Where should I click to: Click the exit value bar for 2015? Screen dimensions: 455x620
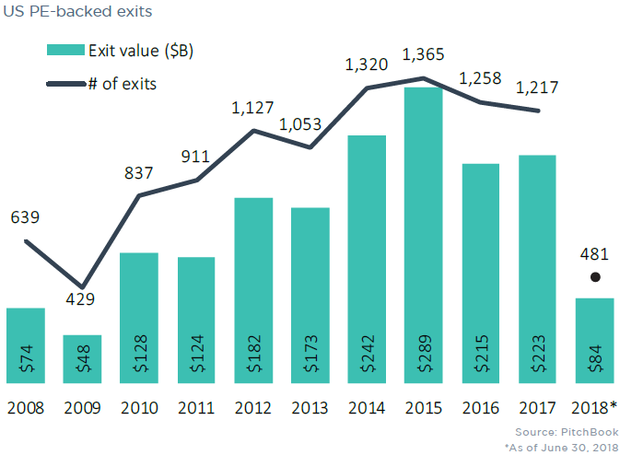[x=424, y=230]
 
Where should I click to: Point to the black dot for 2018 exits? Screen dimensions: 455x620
[x=595, y=276]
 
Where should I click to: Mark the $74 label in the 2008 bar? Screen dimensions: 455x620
[x=26, y=356]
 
